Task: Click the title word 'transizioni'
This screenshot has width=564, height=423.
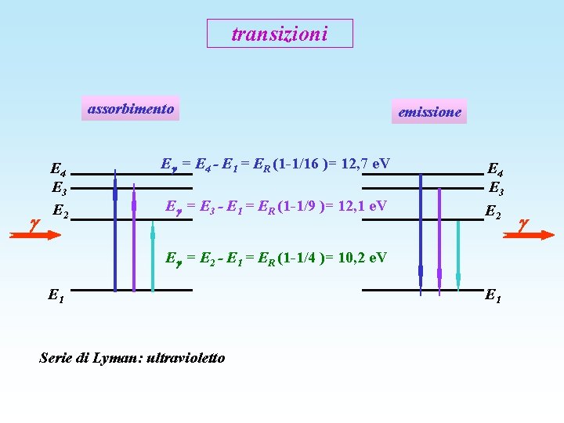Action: pyautogui.click(x=280, y=34)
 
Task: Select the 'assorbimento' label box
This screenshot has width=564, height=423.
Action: pyautogui.click(x=131, y=109)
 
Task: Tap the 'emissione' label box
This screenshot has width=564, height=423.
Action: pyautogui.click(x=429, y=112)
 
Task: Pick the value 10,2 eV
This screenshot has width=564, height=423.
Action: pyautogui.click(x=362, y=257)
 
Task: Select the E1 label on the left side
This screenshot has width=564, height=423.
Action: pyautogui.click(x=56, y=295)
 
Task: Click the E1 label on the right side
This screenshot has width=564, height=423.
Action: pyautogui.click(x=493, y=295)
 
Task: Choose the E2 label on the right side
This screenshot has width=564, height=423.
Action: pyautogui.click(x=493, y=211)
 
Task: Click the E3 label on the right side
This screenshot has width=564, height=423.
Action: pyautogui.click(x=496, y=187)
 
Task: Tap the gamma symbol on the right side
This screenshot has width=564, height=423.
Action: pyautogui.click(x=523, y=224)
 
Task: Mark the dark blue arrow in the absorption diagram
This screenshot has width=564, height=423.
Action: pyautogui.click(x=115, y=235)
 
